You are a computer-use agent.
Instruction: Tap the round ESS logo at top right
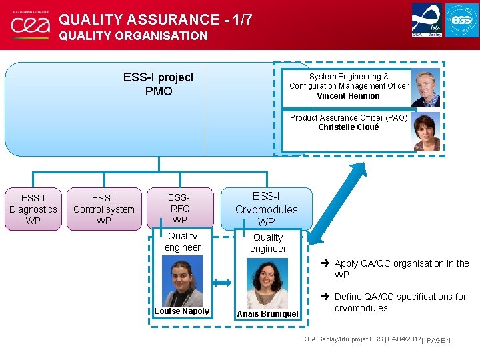click(462, 20)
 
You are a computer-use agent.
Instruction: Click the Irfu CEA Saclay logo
click(426, 20)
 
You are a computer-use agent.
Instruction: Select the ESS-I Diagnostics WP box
click(33, 209)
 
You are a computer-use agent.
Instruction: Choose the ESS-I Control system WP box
click(104, 209)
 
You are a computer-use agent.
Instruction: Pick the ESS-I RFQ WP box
click(179, 208)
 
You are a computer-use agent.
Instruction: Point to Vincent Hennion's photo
click(425, 87)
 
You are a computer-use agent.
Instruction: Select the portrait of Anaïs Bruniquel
click(267, 283)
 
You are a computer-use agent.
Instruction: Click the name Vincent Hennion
click(348, 96)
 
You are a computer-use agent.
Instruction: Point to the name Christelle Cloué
click(348, 127)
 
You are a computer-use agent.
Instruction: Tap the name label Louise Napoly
click(181, 311)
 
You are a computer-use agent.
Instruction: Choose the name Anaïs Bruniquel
click(267, 313)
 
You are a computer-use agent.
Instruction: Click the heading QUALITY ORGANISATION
click(133, 36)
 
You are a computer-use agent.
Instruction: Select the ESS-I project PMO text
click(159, 84)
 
